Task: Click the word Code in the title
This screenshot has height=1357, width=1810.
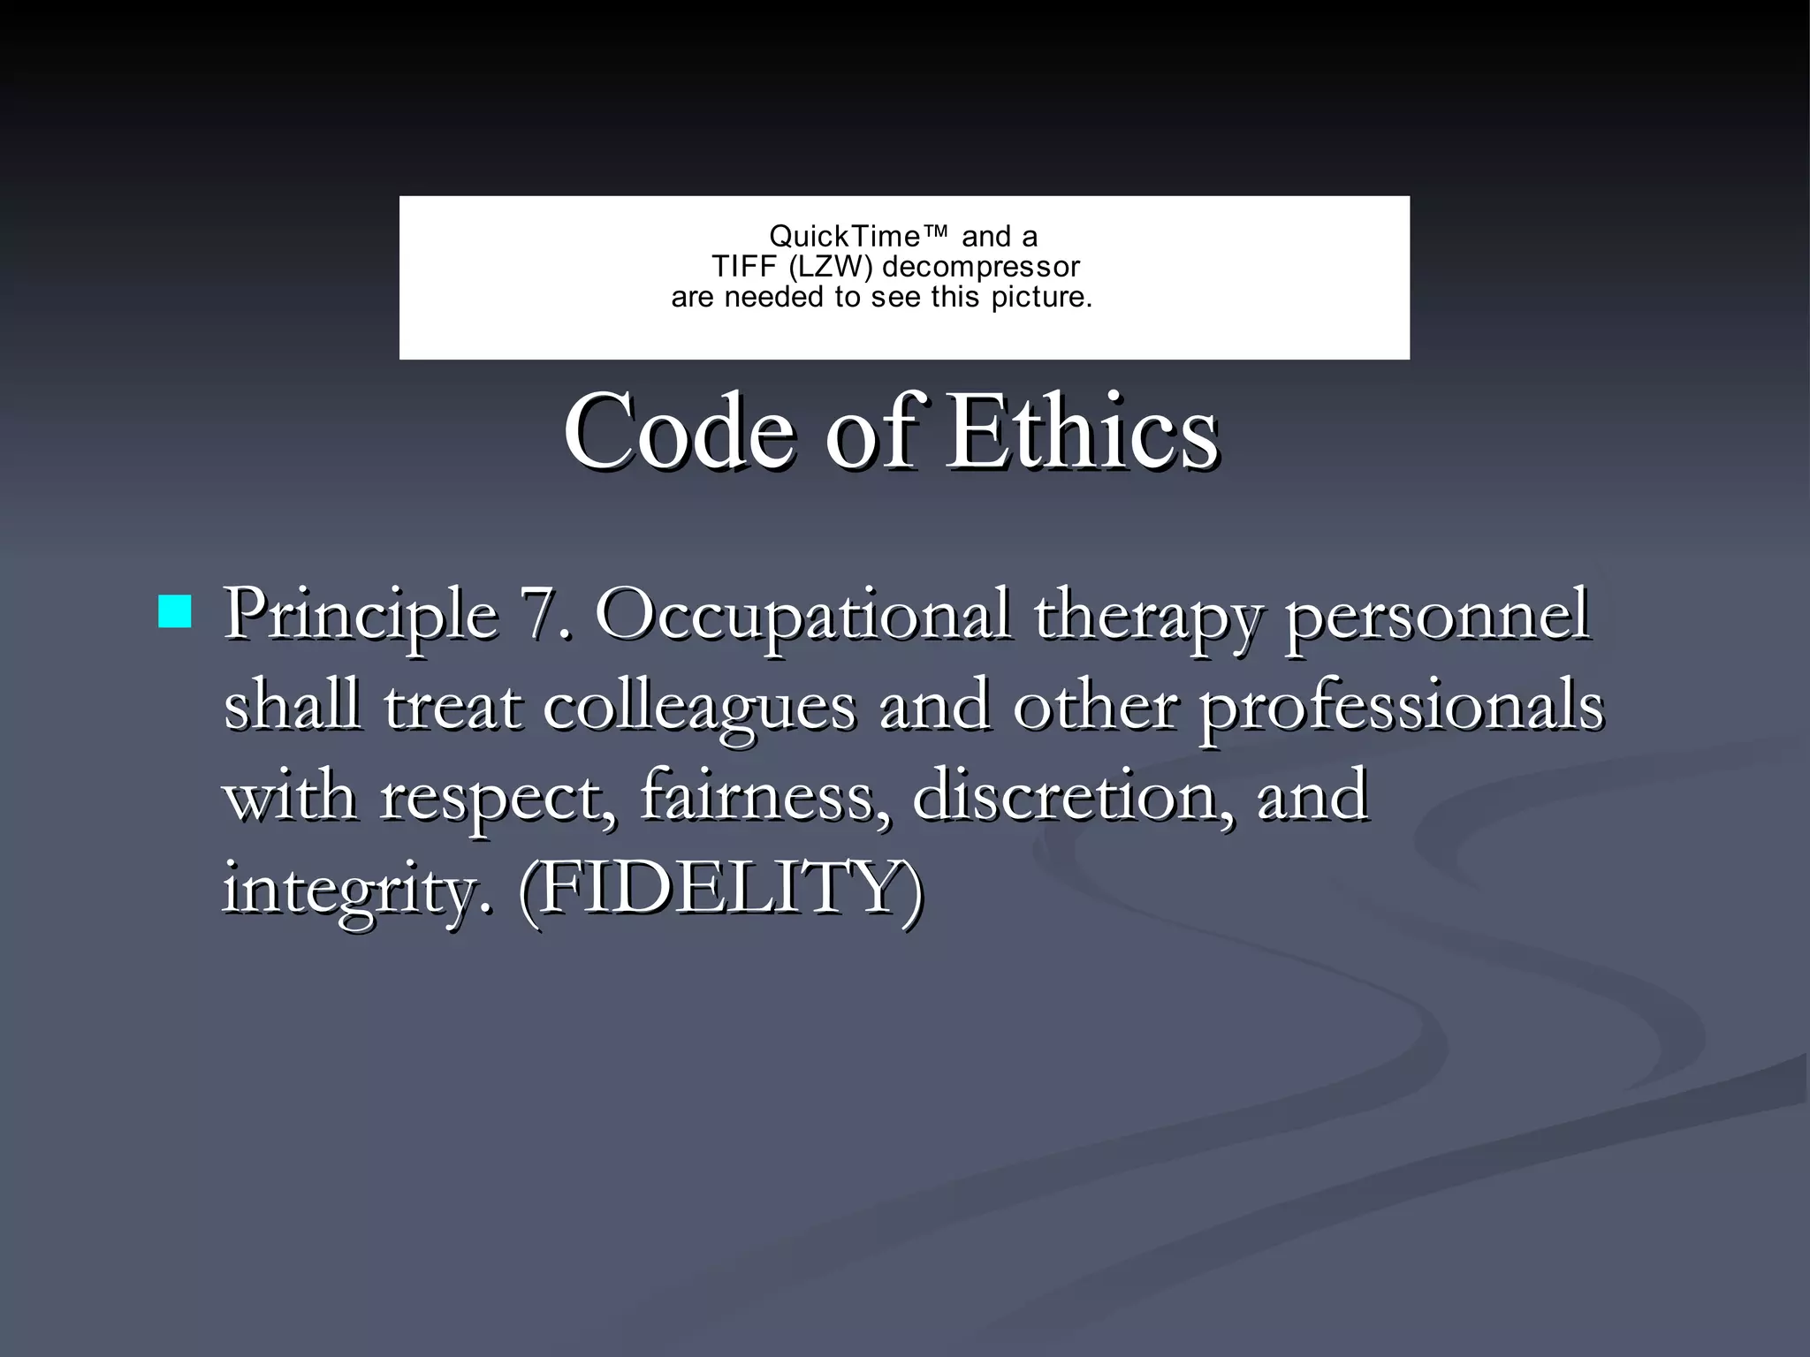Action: coord(679,433)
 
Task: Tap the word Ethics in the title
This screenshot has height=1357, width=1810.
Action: coord(1083,433)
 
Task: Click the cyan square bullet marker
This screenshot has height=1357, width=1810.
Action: coord(175,611)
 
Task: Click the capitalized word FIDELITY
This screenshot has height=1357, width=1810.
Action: coord(720,887)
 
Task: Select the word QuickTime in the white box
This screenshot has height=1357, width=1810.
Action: coord(845,237)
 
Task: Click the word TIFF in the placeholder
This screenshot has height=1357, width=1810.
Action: coord(744,267)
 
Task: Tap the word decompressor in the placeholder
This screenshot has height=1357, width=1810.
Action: coord(980,267)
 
